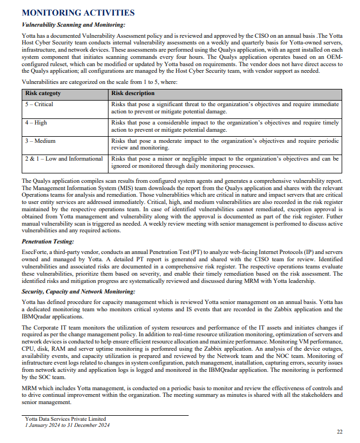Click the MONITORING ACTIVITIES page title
pyautogui.click(x=78, y=12)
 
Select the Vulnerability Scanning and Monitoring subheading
pyautogui.click(x=73, y=24)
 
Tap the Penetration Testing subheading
pyautogui.click(x=48, y=242)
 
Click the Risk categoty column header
pyautogui.click(x=43, y=93)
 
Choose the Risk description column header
pyautogui.click(x=133, y=93)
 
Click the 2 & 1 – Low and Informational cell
pyautogui.click(x=64, y=158)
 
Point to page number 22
pyautogui.click(x=339, y=431)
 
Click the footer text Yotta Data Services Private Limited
pyautogui.click(x=65, y=419)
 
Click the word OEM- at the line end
pyautogui.click(x=334, y=57)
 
